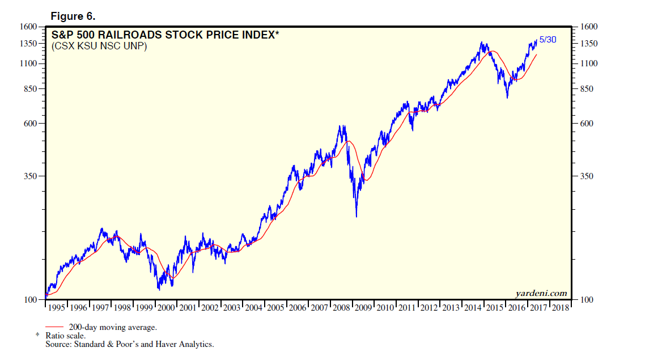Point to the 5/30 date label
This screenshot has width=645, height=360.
pos(548,40)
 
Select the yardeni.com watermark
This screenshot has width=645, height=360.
pos(541,293)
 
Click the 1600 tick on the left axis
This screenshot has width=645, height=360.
pos(29,27)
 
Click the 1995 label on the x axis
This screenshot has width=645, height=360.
pos(56,308)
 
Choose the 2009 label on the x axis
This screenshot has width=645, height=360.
pos(363,308)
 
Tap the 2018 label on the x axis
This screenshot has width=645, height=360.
pos(561,308)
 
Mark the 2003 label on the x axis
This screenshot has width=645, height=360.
pos(232,308)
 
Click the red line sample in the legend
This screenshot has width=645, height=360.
pos(54,327)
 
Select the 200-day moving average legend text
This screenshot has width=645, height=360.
pos(113,327)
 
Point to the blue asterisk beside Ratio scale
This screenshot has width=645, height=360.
pos(37,336)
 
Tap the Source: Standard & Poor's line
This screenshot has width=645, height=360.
pos(130,344)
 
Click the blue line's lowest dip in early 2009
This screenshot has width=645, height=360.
pos(356,216)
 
